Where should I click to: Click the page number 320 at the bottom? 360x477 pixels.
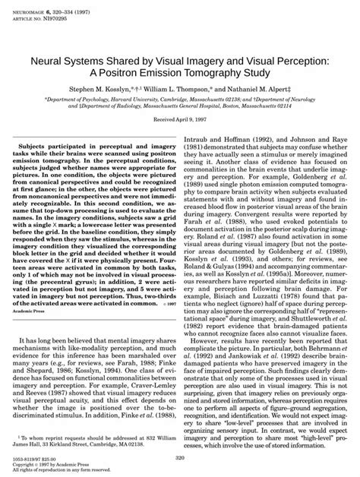(x=180, y=460)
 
